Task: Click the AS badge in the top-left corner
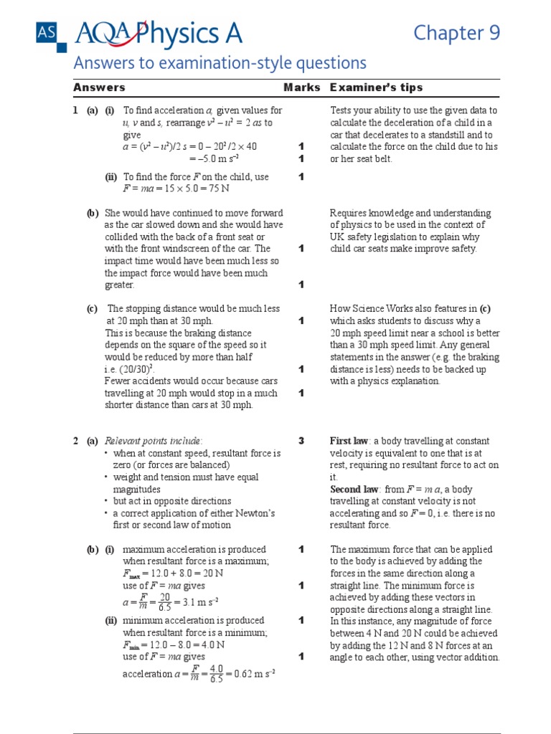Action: tap(44, 32)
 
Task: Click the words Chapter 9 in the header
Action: tap(457, 33)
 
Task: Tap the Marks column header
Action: tap(301, 87)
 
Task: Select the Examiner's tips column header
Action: tap(376, 87)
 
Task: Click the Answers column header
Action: tap(99, 87)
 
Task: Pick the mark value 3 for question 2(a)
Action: tap(301, 441)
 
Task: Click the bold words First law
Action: tap(349, 441)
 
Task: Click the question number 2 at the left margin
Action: tap(75, 441)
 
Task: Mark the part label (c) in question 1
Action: tap(93, 309)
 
